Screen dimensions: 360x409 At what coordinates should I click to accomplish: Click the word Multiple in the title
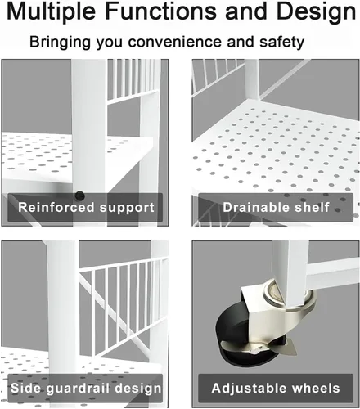point(51,12)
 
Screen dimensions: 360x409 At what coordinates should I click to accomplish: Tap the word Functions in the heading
point(160,11)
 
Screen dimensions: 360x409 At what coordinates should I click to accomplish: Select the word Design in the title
point(316,12)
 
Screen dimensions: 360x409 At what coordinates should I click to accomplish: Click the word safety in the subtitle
point(281,43)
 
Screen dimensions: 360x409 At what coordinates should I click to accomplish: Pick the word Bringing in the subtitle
point(60,43)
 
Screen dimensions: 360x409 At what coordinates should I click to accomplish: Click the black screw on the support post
point(79,196)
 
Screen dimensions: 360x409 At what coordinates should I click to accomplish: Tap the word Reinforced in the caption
point(56,207)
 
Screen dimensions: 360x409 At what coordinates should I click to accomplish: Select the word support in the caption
point(127,208)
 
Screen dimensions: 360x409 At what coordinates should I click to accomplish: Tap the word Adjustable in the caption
point(248,389)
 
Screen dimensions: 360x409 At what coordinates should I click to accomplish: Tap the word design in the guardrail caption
point(138,389)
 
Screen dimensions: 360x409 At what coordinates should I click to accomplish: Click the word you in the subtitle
point(109,43)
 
